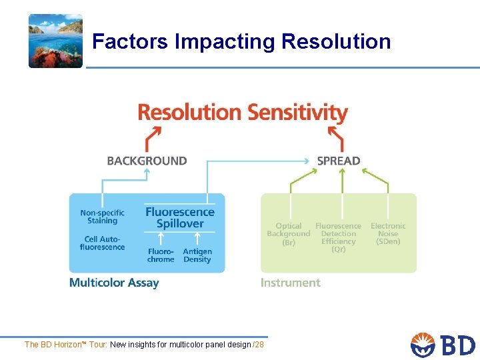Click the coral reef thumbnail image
coord(55,41)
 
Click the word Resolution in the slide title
coord(336,41)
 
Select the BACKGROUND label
coord(147,161)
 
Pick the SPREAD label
coord(339,161)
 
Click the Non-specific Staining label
coord(102,217)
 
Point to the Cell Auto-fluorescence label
coord(102,243)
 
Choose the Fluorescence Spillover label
coord(180,217)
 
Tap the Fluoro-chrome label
coord(161,255)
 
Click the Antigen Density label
coord(197,255)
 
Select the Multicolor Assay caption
coord(114,283)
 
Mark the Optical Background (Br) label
coord(289,234)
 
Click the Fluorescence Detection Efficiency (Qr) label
coord(339,237)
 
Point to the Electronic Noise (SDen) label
coord(388,234)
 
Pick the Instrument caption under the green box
coord(291,283)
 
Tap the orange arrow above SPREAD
coord(336,138)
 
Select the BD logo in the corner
coord(443,345)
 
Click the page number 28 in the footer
coord(259,345)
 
